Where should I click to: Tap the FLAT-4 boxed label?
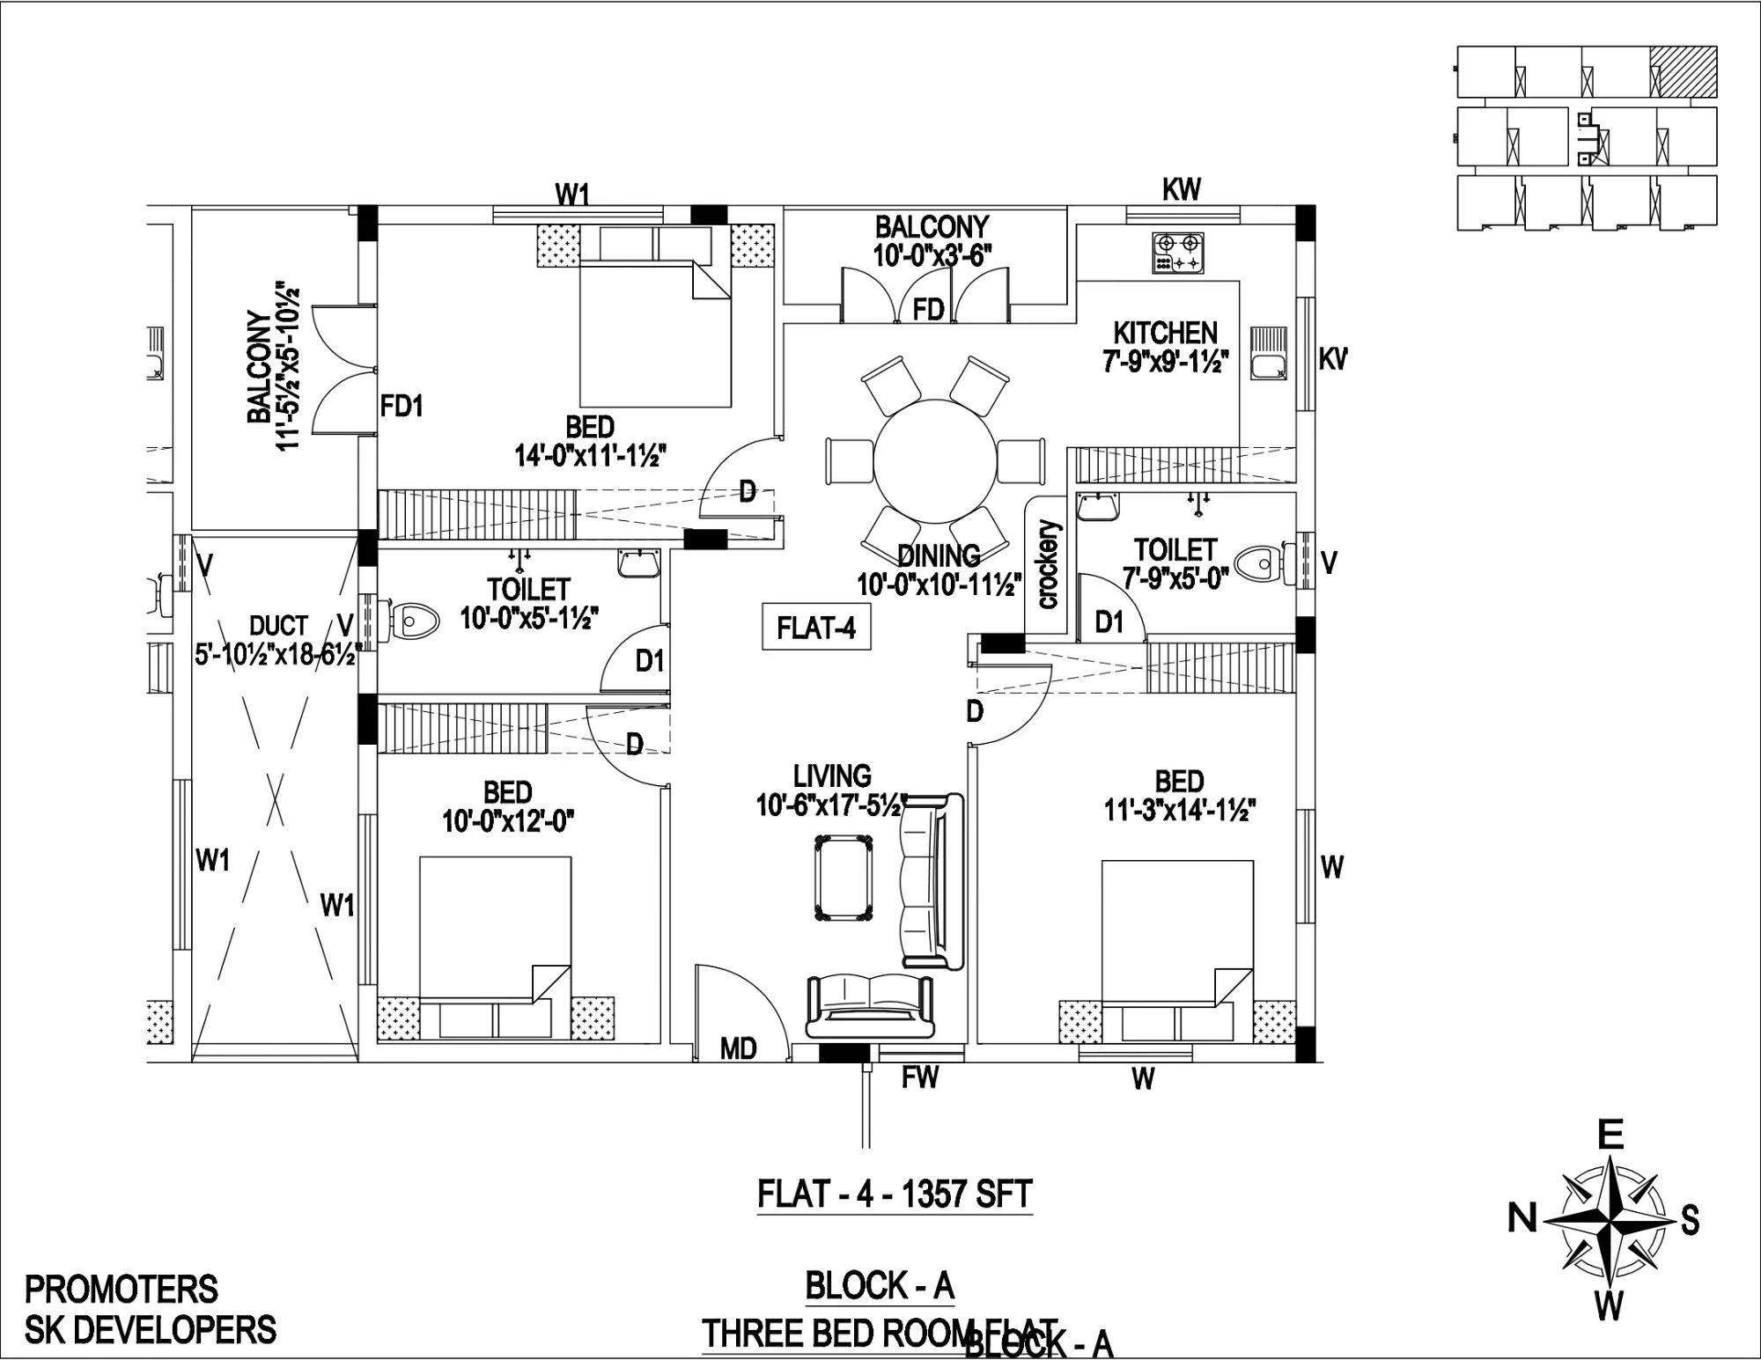pos(816,628)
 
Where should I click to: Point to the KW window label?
pos(1182,189)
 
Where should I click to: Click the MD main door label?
pos(738,1049)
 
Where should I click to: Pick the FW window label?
pos(919,1076)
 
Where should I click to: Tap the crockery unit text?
pos(1048,564)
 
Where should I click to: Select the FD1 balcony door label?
pos(402,406)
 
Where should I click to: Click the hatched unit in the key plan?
pos(1683,71)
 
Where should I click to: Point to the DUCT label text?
pos(278,626)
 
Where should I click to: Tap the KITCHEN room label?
pos(1165,333)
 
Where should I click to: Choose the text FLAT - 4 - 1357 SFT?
pos(894,1195)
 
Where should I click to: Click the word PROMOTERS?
pos(121,1290)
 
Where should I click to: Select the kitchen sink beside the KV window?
pos(1268,352)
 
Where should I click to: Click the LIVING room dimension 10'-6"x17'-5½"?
pos(830,805)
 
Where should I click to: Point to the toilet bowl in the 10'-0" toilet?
pos(414,620)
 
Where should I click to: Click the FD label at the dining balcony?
pos(928,309)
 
